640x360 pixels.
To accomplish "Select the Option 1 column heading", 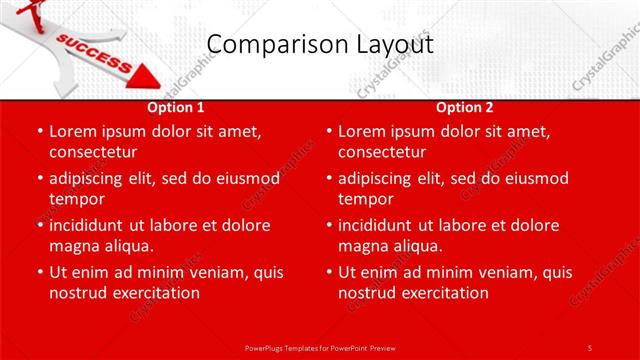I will (176, 107).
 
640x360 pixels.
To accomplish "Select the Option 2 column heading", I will (465, 107).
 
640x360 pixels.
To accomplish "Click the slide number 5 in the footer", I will (590, 347).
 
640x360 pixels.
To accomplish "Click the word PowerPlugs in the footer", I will (269, 347).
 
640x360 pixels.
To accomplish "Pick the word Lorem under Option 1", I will (74, 131).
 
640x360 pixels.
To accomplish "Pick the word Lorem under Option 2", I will (363, 131).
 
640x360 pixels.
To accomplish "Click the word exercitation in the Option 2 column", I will (442, 293).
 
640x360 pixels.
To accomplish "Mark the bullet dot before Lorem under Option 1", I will (40, 131).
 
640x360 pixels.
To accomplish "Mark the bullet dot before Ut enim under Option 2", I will (329, 272).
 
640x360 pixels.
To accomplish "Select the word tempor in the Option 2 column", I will (366, 199).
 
